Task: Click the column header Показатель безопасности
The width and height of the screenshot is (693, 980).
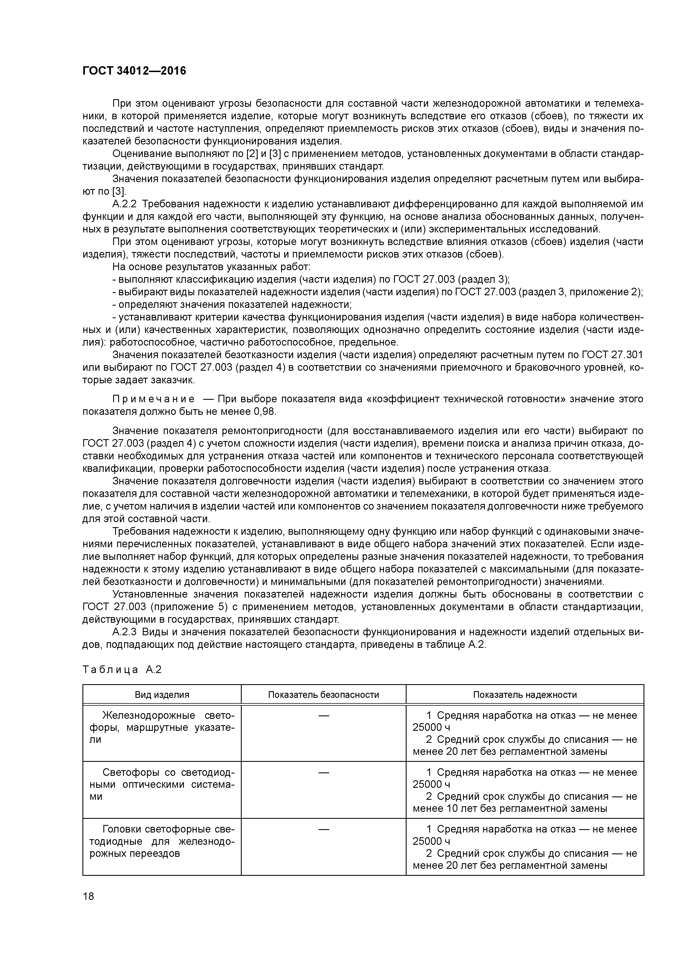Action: tap(323, 694)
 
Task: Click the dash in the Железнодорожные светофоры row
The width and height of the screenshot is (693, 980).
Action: tap(324, 715)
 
